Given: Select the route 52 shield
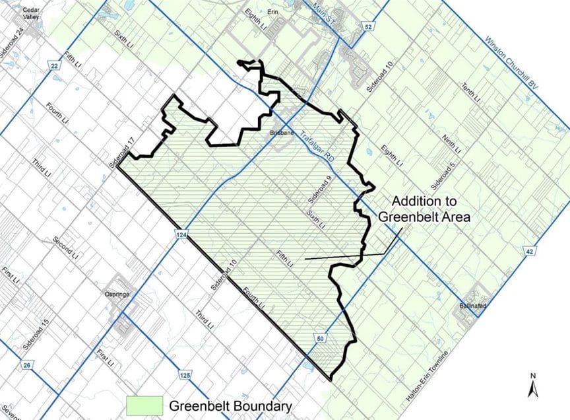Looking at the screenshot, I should click(368, 26).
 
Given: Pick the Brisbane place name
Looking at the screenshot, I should click(282, 133).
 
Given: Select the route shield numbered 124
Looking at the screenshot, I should click(179, 233).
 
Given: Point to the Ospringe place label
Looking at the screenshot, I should click(116, 294).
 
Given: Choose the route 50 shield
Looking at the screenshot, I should click(321, 338).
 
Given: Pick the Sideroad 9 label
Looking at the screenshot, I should click(323, 192).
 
